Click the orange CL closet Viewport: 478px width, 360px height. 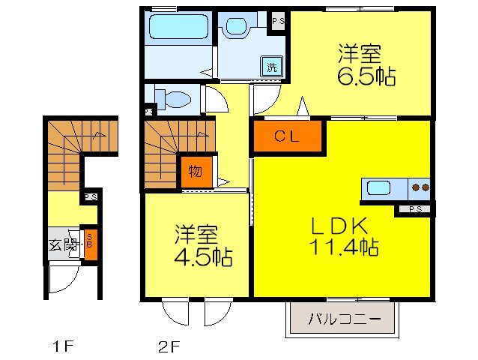tap(288, 136)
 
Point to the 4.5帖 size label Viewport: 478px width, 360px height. tap(203, 256)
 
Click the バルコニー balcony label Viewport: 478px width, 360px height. tap(341, 320)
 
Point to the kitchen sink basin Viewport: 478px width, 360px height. tap(381, 188)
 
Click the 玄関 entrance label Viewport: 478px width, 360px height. tap(64, 244)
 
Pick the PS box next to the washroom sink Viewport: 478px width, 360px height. tap(278, 20)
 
